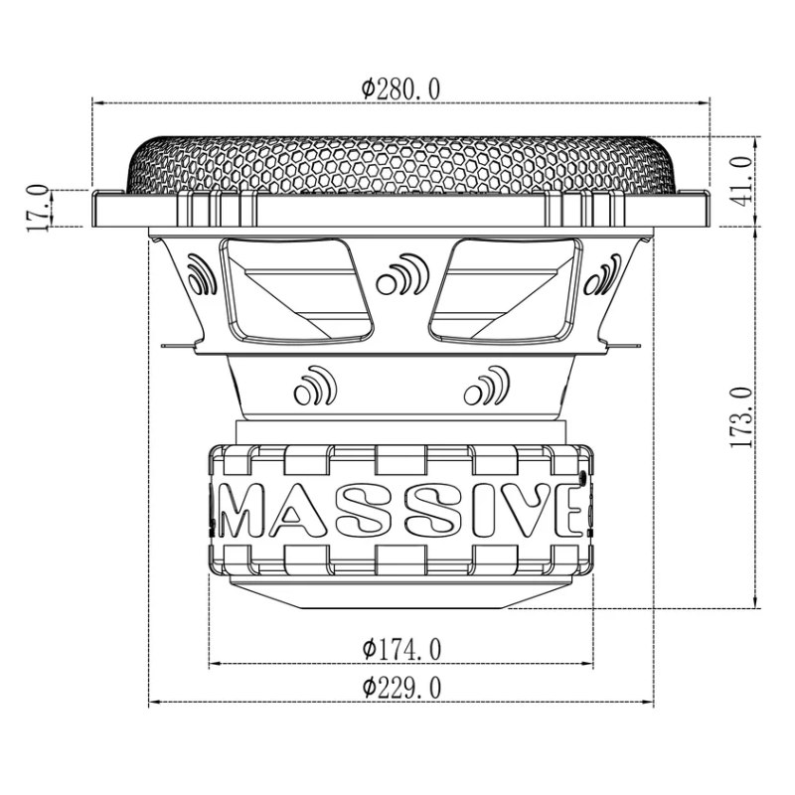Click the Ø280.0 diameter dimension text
(x=400, y=88)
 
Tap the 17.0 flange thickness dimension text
(x=38, y=207)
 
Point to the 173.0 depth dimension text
(x=741, y=417)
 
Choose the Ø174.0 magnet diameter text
(x=400, y=650)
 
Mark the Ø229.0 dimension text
(x=400, y=688)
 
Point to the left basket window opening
(x=295, y=289)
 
